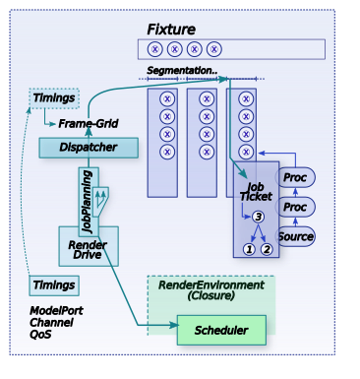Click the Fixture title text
pos(171,30)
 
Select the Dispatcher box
pos(89,148)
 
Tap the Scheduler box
pos(221,330)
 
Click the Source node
pos(296,236)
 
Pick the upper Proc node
pos(295,177)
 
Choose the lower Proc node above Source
pos(295,207)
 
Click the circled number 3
pos(258,217)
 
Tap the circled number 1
pos(249,249)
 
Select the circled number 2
pos(267,249)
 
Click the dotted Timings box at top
pos(54,98)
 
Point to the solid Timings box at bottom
pos(54,285)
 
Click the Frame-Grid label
pos(89,124)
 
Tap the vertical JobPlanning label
pos(87,202)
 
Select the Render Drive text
pos(88,250)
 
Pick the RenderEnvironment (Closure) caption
pos(211,290)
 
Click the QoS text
pos(40,335)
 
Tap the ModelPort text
pos(56,310)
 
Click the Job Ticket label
pos(256,192)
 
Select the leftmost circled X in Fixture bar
pos(155,49)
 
